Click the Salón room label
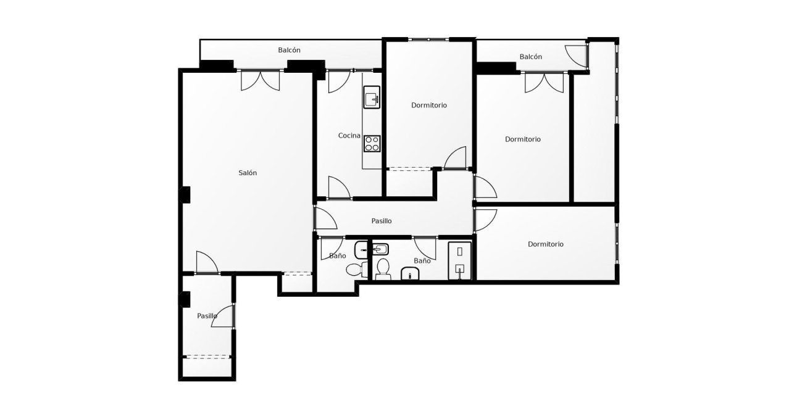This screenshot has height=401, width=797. [248, 173]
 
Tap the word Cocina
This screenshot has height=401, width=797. [349, 135]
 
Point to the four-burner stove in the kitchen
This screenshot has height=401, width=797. [372, 143]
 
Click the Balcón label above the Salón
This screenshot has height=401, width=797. [289, 50]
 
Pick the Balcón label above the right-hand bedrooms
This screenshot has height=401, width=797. [530, 57]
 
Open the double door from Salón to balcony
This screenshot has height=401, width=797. [260, 80]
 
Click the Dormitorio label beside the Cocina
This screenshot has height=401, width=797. [429, 105]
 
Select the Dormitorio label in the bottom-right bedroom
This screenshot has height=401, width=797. [545, 244]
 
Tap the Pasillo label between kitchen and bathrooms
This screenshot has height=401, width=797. [381, 221]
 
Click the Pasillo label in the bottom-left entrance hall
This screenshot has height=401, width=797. [207, 316]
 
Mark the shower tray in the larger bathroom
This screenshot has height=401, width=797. [459, 260]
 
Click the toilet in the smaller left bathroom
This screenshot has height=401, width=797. [354, 269]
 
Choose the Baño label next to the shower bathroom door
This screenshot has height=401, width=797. [422, 261]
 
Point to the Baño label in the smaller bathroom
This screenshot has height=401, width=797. [337, 255]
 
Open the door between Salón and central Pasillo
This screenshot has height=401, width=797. [322, 219]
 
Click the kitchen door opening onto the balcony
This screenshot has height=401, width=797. [338, 81]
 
